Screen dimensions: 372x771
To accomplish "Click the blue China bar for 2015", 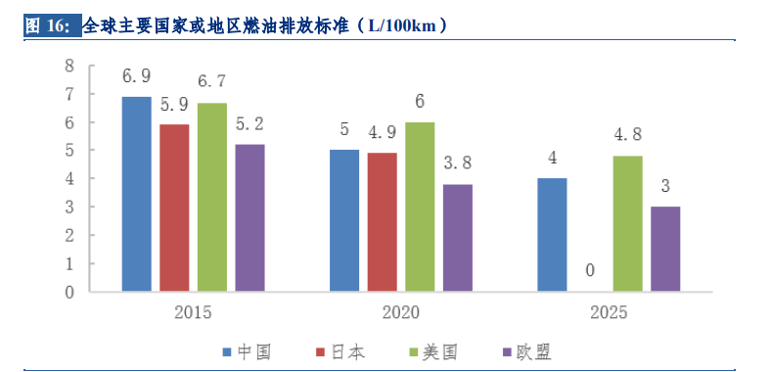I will (136, 194).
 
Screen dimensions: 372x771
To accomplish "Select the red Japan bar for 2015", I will (174, 208).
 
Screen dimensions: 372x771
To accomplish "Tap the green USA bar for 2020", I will (420, 207).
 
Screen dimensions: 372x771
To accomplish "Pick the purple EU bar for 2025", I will (665, 249).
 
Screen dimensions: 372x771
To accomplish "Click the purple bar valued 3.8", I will (457, 237).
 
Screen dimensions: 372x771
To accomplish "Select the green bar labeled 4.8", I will (628, 223).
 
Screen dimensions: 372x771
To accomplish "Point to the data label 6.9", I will (136, 76).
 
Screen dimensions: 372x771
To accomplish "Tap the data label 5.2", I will (249, 124).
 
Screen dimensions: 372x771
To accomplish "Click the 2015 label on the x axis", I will (193, 312).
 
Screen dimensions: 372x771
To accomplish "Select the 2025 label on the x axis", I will (609, 312).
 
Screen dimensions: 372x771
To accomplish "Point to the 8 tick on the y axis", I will (69, 66).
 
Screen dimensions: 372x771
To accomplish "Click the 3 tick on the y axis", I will (69, 208).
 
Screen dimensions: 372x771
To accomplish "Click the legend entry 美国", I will (439, 351).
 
